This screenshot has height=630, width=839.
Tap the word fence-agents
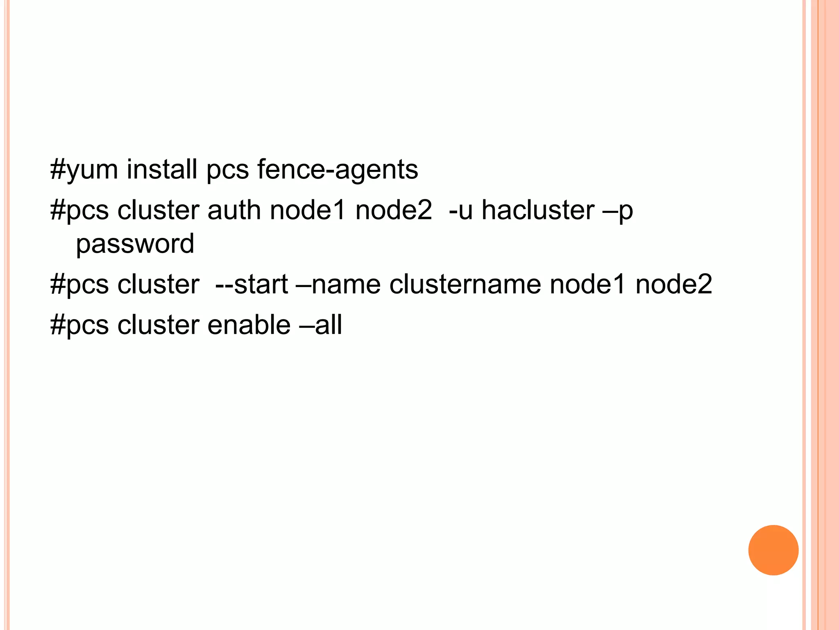pos(338,170)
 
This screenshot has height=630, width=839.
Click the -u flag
pos(461,211)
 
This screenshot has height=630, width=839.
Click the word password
pos(135,244)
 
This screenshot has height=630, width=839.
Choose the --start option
pos(252,284)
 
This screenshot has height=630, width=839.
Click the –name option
pos(338,285)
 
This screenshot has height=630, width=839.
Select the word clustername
pos(465,284)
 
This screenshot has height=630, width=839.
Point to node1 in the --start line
pos(587,284)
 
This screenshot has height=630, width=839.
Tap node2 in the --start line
pos(673,284)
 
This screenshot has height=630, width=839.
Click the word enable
pos(249,325)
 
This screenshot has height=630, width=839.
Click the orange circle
pos(773,550)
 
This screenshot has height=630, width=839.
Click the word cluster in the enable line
pos(158,325)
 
